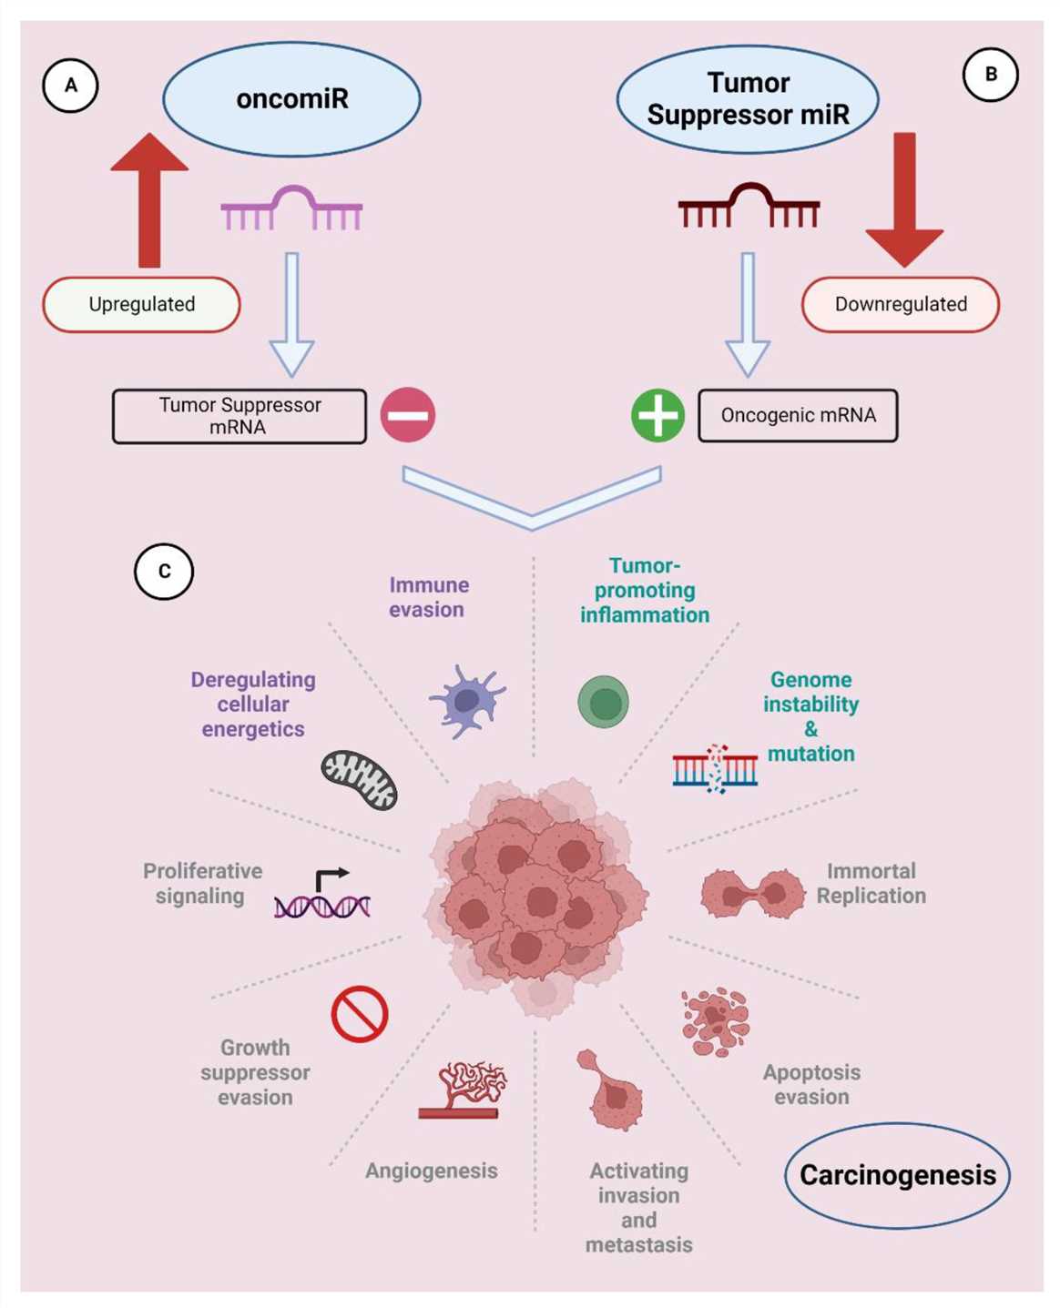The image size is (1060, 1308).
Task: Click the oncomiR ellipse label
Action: click(291, 98)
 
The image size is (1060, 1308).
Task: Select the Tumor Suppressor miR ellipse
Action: click(748, 99)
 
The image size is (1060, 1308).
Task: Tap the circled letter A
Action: click(70, 86)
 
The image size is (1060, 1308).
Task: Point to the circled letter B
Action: click(991, 75)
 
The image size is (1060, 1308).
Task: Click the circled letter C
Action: click(164, 571)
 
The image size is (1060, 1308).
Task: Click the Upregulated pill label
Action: click(141, 304)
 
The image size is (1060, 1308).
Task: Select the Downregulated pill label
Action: click(901, 304)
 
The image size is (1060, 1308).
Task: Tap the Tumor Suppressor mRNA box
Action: click(240, 416)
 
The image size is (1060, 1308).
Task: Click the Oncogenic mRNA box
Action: click(798, 415)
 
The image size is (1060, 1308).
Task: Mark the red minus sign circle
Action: click(407, 415)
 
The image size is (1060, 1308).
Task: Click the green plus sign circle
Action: click(657, 415)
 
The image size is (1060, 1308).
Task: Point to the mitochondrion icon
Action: click(360, 780)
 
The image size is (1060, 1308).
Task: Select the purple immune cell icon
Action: click(466, 700)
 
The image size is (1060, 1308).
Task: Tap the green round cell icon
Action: click(603, 702)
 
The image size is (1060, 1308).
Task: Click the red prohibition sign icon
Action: click(360, 1014)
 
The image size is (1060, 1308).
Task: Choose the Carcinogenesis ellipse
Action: click(897, 1175)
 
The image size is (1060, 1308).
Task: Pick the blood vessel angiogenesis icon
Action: click(463, 1089)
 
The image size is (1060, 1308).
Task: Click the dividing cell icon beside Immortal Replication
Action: click(752, 893)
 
